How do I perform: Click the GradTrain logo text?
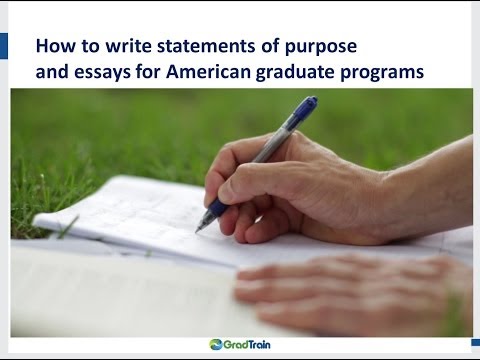251,345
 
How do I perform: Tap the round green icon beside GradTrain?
217,345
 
